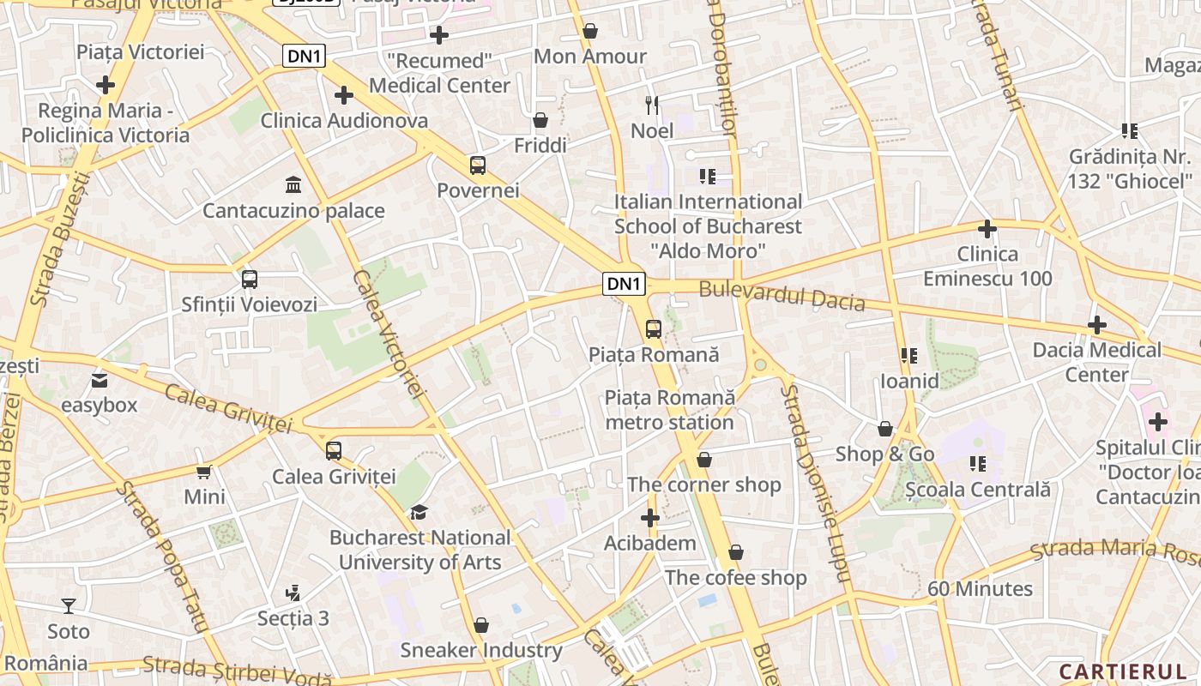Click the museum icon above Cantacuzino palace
293,184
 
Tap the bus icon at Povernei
478,165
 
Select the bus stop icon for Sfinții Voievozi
250,279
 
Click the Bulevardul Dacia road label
782,296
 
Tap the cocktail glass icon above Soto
69,605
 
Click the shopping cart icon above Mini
204,472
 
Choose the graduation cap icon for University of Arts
419,512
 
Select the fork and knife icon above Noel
652,105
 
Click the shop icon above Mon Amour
590,31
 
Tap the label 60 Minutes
980,589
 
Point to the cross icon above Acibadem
650,517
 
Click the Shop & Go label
884,454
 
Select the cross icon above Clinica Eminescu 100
987,229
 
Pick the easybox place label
100,405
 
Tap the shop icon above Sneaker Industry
481,625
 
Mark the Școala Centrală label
978,490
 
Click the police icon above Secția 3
293,593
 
